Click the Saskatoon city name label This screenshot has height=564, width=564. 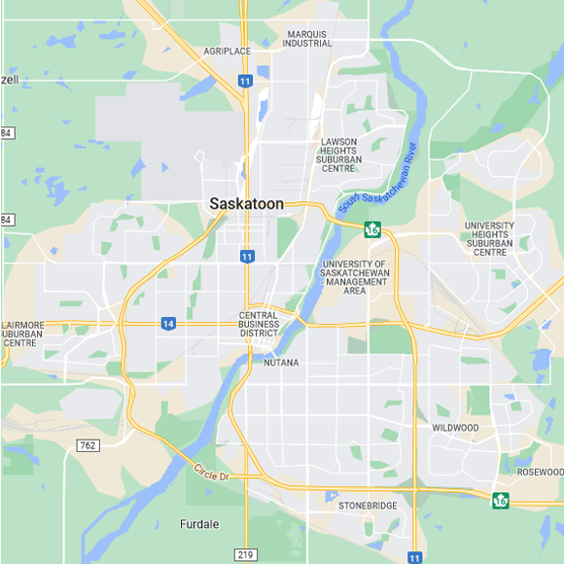point(247,204)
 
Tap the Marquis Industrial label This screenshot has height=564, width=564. point(307,39)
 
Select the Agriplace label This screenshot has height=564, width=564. point(227,51)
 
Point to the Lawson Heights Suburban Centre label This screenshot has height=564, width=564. point(338,155)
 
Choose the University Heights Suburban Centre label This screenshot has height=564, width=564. point(489,238)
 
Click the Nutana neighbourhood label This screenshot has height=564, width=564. point(281,363)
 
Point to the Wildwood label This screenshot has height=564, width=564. point(455,428)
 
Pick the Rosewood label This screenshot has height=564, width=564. point(540,472)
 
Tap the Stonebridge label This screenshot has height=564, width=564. point(369,507)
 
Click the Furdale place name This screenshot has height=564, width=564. point(199,524)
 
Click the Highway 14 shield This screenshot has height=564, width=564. point(168,324)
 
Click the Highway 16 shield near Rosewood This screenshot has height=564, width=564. point(501,500)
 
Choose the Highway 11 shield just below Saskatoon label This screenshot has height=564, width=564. point(248,256)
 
